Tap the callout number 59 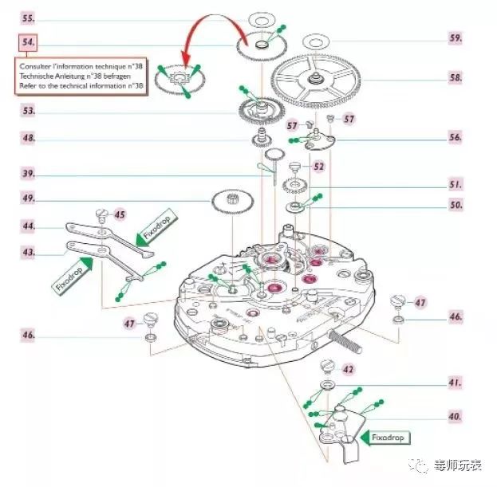click(456, 37)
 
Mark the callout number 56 click(456, 137)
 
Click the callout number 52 click(319, 167)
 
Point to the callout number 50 click(456, 205)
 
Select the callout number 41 click(456, 383)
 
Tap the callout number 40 click(456, 415)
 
